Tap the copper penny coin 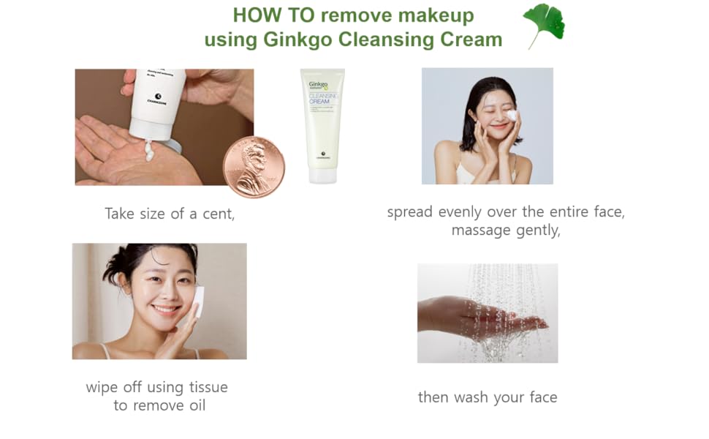tap(254, 167)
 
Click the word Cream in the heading tap(471, 40)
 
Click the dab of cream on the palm tap(149, 152)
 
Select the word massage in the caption tap(480, 230)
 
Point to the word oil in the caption tap(193, 405)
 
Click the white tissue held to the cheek tap(197, 301)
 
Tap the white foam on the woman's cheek tap(512, 115)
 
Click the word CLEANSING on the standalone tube tap(322, 94)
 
